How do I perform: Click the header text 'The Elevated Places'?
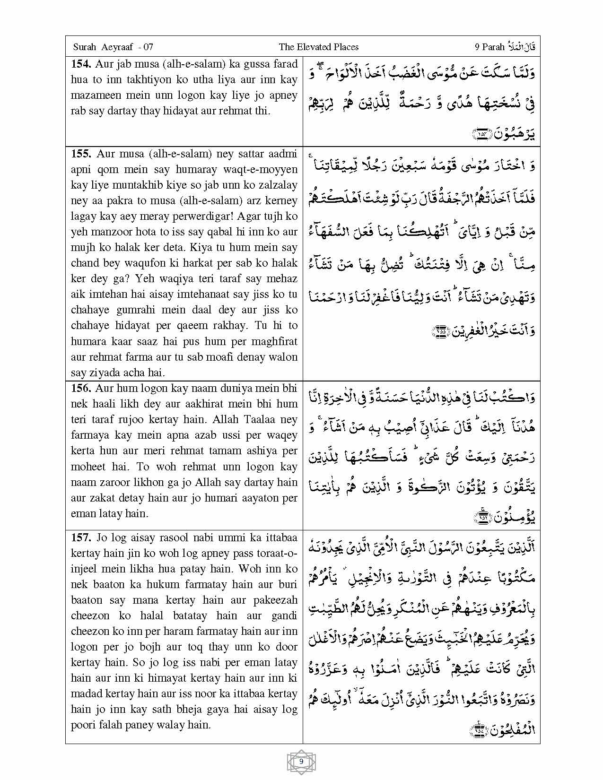tap(318, 47)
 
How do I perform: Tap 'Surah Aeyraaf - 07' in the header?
tap(113, 47)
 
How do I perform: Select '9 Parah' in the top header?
tap(489, 47)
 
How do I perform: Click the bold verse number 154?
tap(81, 64)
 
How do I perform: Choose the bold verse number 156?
tap(81, 388)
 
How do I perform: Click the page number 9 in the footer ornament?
tap(301, 762)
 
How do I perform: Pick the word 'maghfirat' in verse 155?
tap(276, 341)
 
